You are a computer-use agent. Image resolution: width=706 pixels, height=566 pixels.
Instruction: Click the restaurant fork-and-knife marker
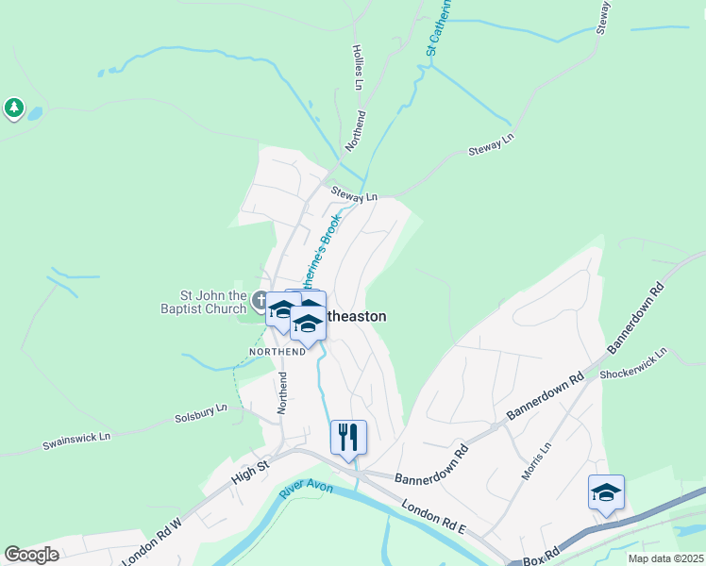[x=348, y=437]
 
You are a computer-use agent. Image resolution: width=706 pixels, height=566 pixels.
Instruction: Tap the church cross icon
[x=261, y=301]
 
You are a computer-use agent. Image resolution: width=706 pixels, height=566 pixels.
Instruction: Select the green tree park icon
[x=13, y=108]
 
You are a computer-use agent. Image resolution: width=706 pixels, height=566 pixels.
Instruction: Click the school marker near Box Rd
[x=606, y=492]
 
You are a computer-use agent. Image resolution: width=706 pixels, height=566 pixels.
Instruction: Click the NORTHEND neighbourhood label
[x=277, y=351]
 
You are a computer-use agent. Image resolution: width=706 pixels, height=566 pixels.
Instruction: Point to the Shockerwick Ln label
[x=633, y=365]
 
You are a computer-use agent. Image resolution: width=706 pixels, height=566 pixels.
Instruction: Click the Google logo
[x=32, y=554]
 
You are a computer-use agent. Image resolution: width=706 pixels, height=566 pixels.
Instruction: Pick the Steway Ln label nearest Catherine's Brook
[x=354, y=194]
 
